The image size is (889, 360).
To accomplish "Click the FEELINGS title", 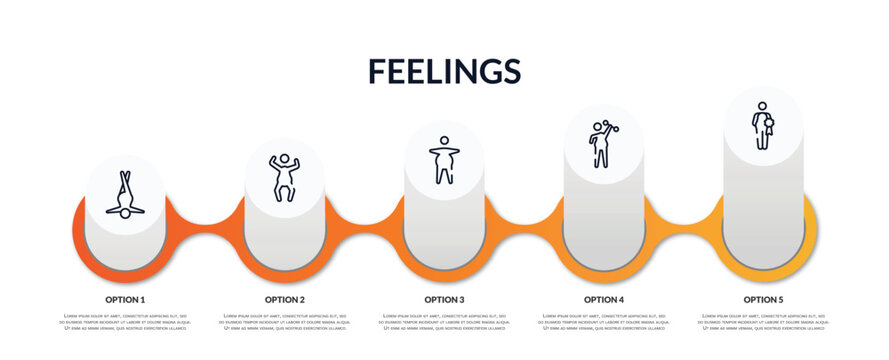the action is (444, 71).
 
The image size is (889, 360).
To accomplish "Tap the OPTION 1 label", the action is (125, 299).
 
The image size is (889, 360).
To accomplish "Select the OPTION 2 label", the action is (285, 299).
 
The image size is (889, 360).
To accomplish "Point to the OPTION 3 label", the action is (444, 299).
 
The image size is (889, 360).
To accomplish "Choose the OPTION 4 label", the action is (604, 299).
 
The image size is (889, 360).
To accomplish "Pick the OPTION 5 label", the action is (763, 299).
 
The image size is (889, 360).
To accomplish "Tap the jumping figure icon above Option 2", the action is (284, 177).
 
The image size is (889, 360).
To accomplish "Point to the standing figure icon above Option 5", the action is (763, 125).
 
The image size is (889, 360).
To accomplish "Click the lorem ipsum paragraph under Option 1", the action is (125, 323).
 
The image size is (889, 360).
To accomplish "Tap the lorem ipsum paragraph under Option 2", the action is (285, 323).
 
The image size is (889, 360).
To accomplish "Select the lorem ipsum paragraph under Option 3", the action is (444, 323).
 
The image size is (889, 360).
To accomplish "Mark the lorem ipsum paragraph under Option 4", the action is (604, 323).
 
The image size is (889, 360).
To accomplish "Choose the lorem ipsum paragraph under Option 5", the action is (763, 323).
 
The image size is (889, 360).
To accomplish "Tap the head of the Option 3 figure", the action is (444, 141).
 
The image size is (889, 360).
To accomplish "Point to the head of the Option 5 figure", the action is (762, 106).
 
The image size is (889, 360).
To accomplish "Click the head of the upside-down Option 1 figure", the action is (125, 213).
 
